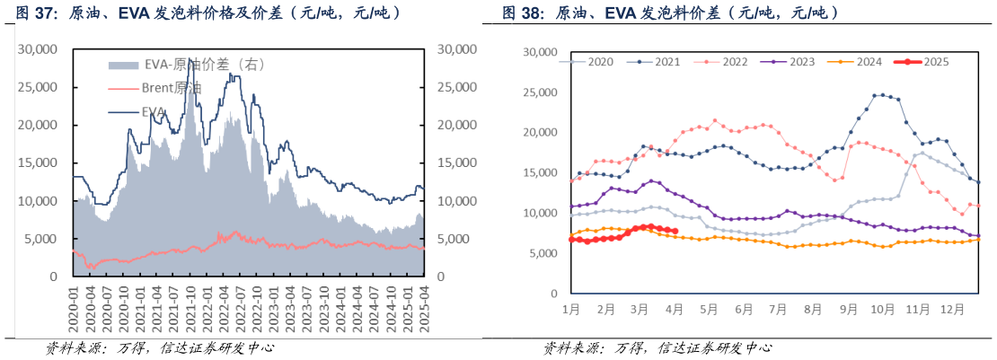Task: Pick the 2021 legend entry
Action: [666, 62]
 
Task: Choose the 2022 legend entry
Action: [734, 62]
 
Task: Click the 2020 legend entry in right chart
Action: [600, 62]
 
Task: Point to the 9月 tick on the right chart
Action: [848, 310]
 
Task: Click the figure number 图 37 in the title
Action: [33, 13]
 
